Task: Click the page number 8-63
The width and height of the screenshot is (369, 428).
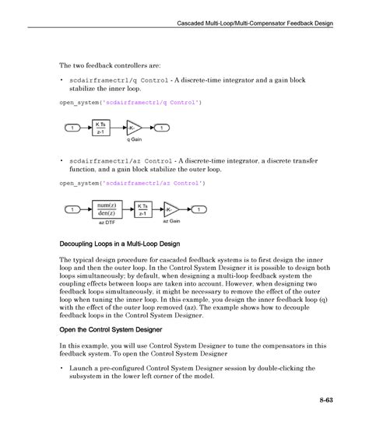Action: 324,402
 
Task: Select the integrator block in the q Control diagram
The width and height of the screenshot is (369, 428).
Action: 101,128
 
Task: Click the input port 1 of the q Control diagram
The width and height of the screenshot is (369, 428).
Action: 71,128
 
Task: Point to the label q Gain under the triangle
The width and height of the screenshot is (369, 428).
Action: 135,140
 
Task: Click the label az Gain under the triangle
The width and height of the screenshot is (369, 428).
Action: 170,223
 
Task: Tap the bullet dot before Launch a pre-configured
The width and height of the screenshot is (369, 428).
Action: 61,368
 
